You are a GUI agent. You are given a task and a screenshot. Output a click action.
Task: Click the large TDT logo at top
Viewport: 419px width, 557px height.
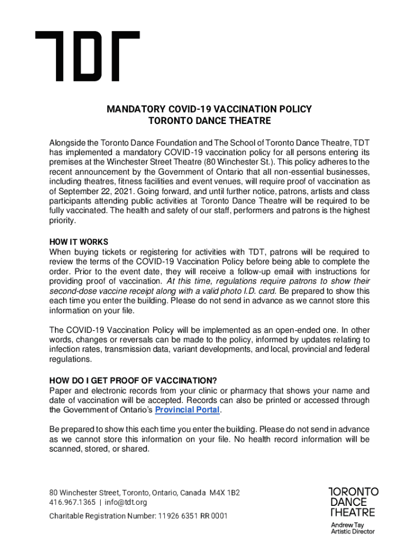click(x=87, y=56)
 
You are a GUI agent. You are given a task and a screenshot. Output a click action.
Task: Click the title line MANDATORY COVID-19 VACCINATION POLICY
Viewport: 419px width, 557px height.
click(x=209, y=109)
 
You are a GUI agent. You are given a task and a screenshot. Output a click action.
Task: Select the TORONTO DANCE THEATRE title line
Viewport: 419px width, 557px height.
click(x=209, y=121)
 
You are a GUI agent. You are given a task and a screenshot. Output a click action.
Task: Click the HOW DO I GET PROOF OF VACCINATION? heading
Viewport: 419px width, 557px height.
click(x=137, y=380)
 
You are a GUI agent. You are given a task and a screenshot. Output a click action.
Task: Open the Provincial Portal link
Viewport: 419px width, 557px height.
click(x=188, y=410)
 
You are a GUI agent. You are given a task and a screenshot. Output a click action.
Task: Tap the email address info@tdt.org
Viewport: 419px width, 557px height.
click(x=126, y=502)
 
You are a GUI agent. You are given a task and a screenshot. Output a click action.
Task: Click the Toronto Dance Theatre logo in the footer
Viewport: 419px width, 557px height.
click(x=353, y=502)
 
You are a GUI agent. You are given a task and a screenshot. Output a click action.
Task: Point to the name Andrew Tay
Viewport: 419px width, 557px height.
click(x=347, y=525)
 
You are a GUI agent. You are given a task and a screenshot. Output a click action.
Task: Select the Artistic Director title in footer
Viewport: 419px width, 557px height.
click(x=353, y=531)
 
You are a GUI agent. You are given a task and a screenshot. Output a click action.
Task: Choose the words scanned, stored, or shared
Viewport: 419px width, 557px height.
click(x=98, y=449)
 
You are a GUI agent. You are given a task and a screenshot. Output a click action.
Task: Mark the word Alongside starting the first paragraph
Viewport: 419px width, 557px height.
click(x=68, y=143)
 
